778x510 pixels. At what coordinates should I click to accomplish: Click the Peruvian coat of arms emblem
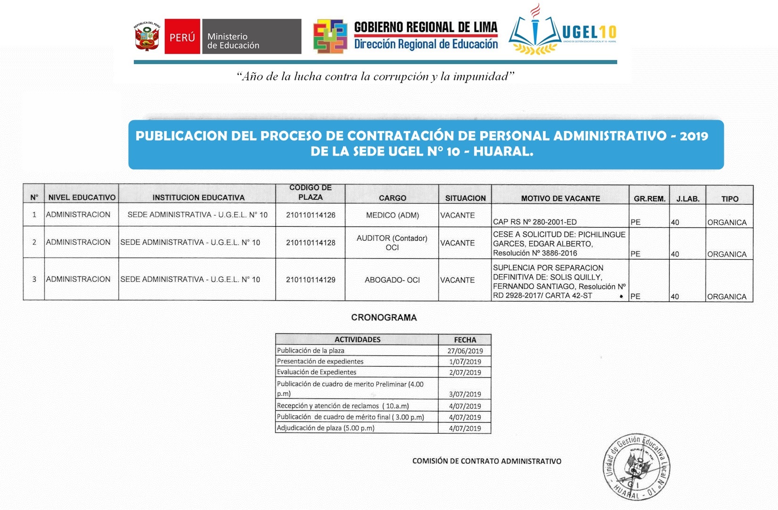click(147, 36)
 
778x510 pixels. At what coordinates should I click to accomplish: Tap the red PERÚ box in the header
click(182, 37)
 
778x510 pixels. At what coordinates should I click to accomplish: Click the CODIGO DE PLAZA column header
click(310, 193)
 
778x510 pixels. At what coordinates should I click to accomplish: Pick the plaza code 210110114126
click(311, 215)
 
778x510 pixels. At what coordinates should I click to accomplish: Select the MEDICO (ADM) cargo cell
click(392, 215)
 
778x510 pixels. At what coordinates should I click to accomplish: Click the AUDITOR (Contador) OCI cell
click(392, 243)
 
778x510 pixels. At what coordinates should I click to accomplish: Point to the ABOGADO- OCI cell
click(392, 280)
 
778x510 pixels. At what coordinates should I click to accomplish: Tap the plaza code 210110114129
click(311, 280)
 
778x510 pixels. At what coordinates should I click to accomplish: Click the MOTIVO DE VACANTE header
click(560, 198)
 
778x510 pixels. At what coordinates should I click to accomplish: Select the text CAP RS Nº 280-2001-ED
click(534, 222)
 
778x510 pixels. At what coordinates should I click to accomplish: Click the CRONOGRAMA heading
click(384, 318)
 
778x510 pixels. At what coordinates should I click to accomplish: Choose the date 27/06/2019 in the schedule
click(465, 351)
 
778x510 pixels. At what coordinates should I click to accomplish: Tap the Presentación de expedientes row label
click(320, 362)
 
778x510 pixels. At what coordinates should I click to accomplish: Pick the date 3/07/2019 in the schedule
click(465, 394)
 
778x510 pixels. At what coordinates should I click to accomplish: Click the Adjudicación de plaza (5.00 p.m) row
click(326, 428)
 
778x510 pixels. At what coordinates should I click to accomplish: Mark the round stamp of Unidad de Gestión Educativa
click(637, 467)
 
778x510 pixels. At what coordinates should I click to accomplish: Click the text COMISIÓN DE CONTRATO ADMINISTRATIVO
click(487, 461)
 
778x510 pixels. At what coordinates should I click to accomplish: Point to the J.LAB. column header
click(688, 199)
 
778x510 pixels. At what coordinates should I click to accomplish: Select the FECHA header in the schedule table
click(465, 340)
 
